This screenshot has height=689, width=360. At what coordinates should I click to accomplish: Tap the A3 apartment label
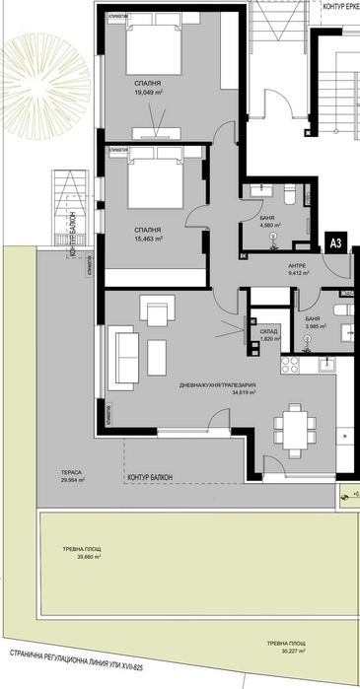coord(335,241)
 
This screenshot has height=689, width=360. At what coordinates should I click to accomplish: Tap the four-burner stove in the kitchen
coord(290,368)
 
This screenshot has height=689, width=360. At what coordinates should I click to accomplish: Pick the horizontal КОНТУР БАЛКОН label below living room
coord(150,477)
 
